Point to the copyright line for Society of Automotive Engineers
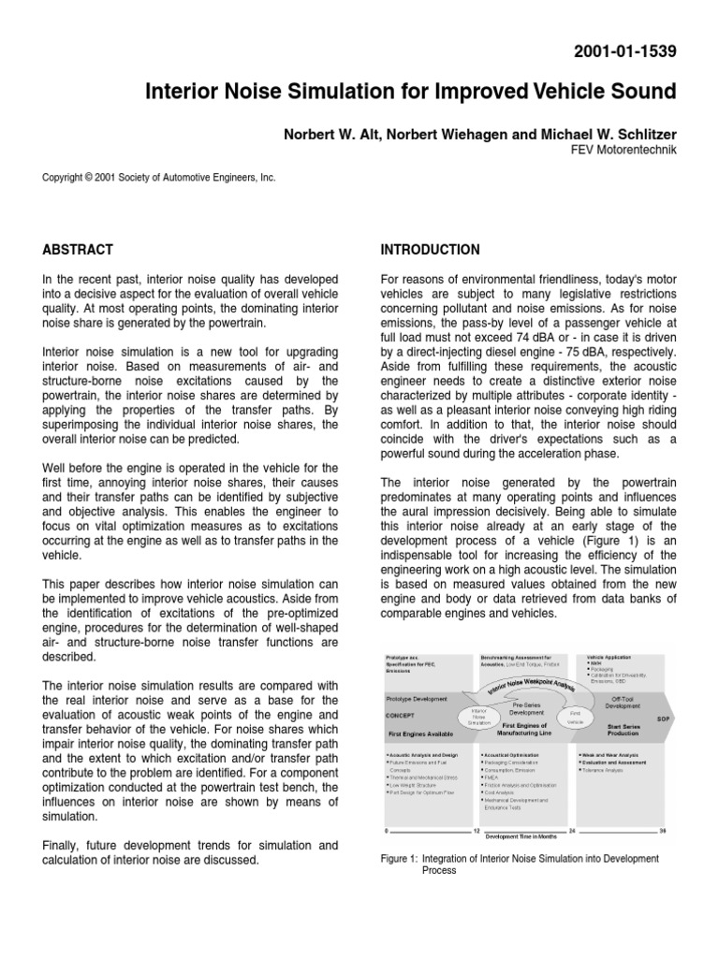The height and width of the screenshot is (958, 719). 159,176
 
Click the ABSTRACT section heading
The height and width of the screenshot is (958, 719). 78,250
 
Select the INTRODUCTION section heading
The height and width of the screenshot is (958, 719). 431,250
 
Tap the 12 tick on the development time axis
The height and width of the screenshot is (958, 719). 477,831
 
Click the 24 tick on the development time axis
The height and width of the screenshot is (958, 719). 571,831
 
